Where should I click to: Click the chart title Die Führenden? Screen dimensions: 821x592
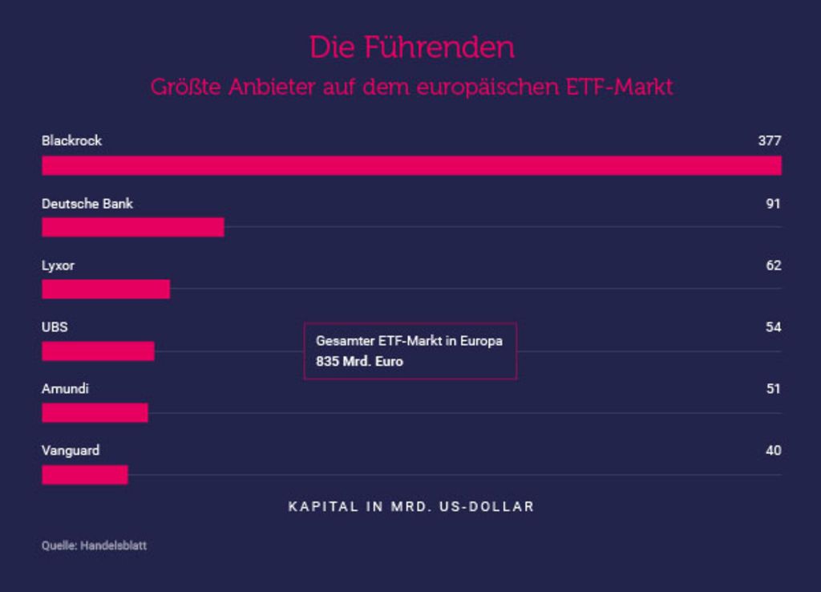(412, 47)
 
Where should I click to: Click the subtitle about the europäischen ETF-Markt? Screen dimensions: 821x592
(411, 87)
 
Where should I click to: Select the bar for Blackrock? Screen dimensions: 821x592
(411, 165)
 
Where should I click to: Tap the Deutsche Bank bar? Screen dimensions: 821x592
(133, 227)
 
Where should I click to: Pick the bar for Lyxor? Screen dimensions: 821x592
(106, 290)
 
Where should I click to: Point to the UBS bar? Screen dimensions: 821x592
(98, 351)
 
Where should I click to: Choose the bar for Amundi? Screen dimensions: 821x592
(95, 413)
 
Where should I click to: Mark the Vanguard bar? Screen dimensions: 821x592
(85, 475)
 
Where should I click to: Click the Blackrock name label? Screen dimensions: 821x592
(71, 140)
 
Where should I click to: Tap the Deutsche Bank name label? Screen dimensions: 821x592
(87, 203)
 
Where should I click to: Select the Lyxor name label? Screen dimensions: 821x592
(58, 266)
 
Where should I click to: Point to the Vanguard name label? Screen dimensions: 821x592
(71, 451)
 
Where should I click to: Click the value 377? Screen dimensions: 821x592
(770, 140)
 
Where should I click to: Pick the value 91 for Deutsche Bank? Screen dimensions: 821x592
(774, 203)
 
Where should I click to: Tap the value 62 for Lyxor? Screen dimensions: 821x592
(774, 265)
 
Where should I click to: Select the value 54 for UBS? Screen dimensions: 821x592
(774, 327)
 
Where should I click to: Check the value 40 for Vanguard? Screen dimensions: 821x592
(774, 450)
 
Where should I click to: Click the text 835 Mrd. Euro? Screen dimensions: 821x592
(359, 362)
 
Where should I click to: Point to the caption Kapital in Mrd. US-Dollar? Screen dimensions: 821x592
(411, 507)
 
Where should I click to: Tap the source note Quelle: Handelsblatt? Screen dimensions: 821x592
(95, 545)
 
